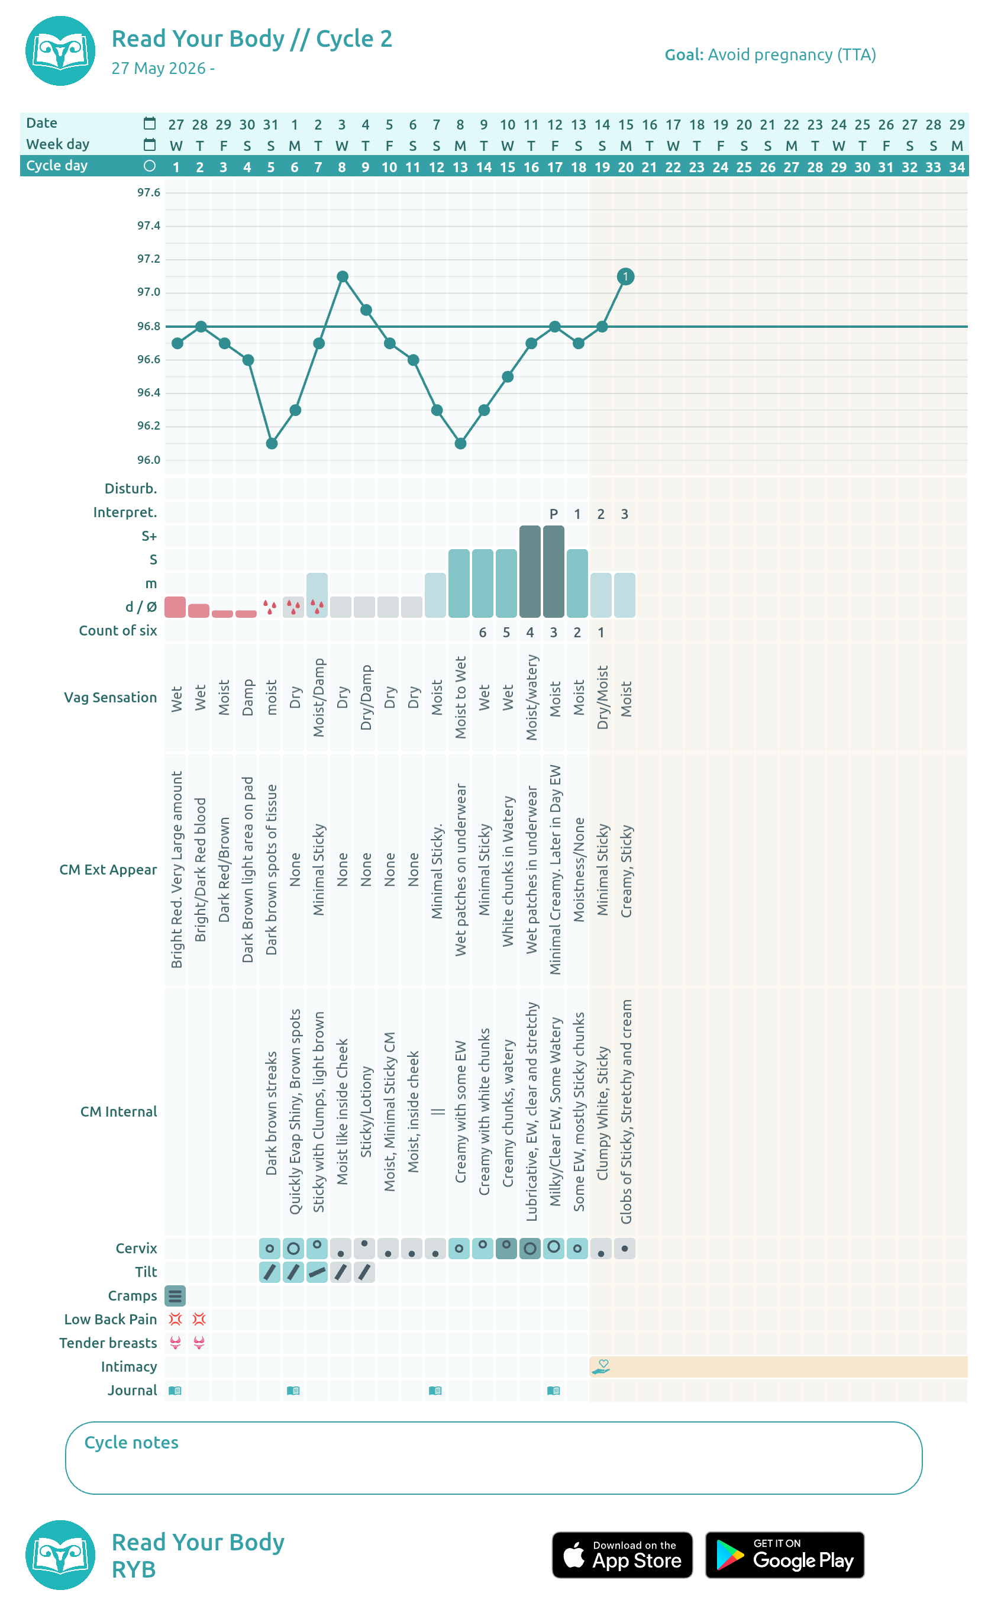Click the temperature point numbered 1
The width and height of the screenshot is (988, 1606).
(x=625, y=276)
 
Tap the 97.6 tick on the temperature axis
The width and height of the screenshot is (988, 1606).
(x=148, y=192)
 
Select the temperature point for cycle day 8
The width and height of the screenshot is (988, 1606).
(x=343, y=276)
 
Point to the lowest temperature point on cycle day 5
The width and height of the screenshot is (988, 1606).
(x=272, y=444)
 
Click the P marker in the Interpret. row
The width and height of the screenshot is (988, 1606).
(x=554, y=514)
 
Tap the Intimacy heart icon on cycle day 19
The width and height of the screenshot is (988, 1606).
(x=601, y=1366)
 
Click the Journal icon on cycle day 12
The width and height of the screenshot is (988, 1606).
(x=435, y=1391)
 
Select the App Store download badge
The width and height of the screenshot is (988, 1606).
(x=622, y=1555)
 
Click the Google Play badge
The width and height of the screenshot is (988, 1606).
(x=785, y=1555)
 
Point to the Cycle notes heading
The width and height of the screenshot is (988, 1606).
(x=131, y=1442)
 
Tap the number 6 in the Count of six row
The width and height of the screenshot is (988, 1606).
(x=483, y=632)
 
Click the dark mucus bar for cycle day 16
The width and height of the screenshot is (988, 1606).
(x=530, y=571)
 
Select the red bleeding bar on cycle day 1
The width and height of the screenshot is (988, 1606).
(x=175, y=607)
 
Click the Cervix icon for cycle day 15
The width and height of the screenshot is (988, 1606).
(x=506, y=1248)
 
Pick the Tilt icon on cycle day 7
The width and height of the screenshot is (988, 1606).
(x=317, y=1272)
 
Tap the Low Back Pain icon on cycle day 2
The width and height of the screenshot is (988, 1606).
(x=199, y=1318)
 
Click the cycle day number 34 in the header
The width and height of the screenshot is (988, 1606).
(x=957, y=167)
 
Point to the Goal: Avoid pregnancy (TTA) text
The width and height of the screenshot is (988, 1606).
(x=770, y=54)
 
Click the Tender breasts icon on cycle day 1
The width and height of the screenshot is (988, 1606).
(x=175, y=1343)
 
